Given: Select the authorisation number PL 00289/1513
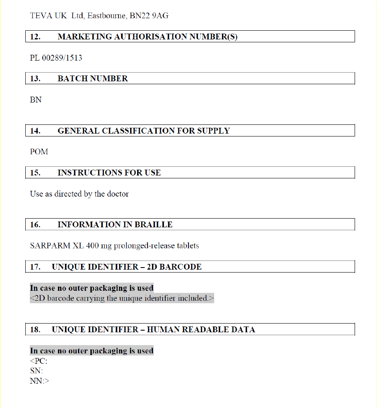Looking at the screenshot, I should (x=56, y=58).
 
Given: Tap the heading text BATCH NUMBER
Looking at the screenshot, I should (x=93, y=79).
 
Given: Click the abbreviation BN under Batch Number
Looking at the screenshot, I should (x=36, y=100).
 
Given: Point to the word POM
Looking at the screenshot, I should (x=39, y=152).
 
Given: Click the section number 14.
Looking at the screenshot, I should (x=35, y=131).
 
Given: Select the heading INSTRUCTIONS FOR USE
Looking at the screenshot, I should (x=109, y=173).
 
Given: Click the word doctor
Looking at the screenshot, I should (x=118, y=194).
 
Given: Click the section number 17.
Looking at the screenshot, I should (x=35, y=267).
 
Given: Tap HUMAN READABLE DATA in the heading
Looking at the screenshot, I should (x=201, y=330).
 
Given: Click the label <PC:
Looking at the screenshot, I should (x=39, y=361).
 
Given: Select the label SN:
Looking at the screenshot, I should (x=36, y=371).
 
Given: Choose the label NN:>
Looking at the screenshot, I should (x=39, y=381).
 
